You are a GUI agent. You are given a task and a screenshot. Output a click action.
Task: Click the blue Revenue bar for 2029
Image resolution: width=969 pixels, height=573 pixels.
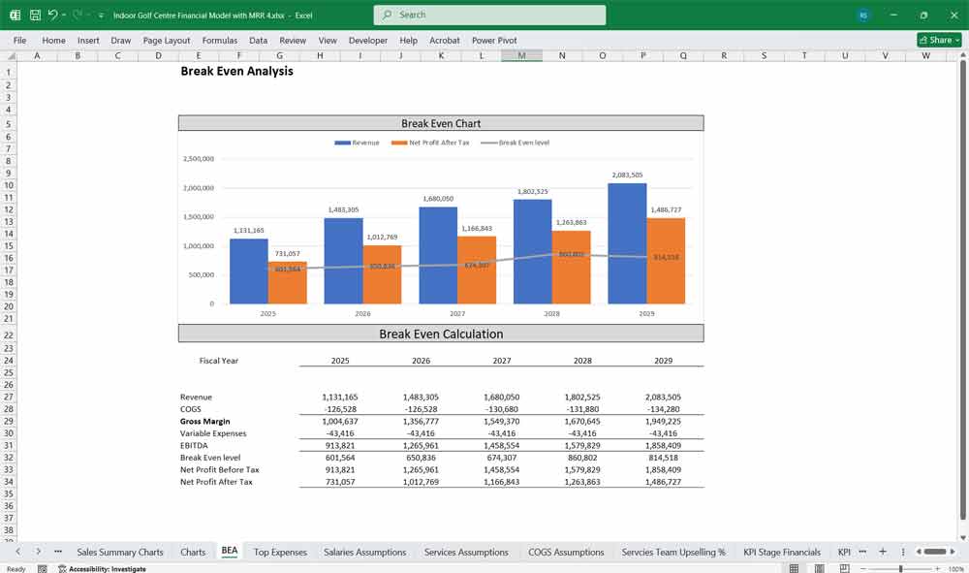(629, 242)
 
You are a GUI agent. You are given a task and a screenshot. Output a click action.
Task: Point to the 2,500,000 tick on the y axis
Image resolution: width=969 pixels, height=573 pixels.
(199, 159)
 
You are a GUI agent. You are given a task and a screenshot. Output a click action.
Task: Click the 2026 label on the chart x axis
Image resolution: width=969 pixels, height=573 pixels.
(362, 314)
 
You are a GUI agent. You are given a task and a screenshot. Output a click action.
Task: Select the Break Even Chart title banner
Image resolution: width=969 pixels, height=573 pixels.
(441, 123)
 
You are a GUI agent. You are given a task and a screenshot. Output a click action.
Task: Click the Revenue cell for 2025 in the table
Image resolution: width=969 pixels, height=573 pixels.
(340, 398)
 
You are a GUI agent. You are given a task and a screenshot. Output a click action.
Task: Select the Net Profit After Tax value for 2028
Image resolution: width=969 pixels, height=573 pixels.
(582, 482)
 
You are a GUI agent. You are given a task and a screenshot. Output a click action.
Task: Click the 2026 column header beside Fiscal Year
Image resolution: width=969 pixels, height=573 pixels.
(422, 361)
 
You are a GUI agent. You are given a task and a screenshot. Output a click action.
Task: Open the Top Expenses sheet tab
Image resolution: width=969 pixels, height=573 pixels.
(280, 552)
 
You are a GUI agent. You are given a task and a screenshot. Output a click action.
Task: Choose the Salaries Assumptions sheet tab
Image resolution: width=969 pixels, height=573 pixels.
(364, 552)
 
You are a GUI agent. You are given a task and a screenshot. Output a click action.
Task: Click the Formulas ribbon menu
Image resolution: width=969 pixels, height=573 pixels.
(219, 41)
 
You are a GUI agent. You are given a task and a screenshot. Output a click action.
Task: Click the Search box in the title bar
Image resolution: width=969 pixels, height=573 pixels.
(489, 15)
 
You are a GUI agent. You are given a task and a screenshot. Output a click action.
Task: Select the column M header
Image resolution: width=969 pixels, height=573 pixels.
(521, 56)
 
